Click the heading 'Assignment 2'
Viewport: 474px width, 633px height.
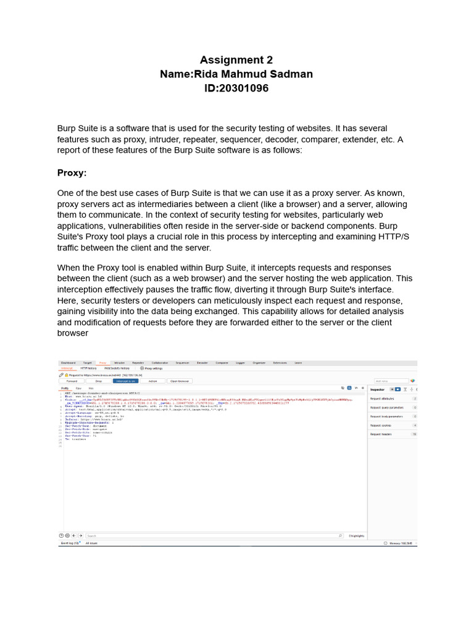pyautogui.click(x=236, y=60)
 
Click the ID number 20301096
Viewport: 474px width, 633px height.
pyautogui.click(x=236, y=88)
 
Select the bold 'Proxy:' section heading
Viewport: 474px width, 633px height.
pyautogui.click(x=72, y=172)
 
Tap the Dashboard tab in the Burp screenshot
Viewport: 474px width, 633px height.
pyautogui.click(x=68, y=363)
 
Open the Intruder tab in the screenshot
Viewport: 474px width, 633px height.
pyautogui.click(x=120, y=363)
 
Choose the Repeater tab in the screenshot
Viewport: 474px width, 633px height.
pyautogui.click(x=138, y=363)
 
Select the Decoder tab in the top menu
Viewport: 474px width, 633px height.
pyautogui.click(x=202, y=363)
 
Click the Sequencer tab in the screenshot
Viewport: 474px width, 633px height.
pyautogui.click(x=182, y=363)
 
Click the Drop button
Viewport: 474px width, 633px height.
pyautogui.click(x=98, y=381)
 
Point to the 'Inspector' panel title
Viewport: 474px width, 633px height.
pyautogui.click(x=377, y=389)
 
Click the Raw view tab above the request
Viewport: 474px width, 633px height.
pyautogui.click(x=78, y=388)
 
